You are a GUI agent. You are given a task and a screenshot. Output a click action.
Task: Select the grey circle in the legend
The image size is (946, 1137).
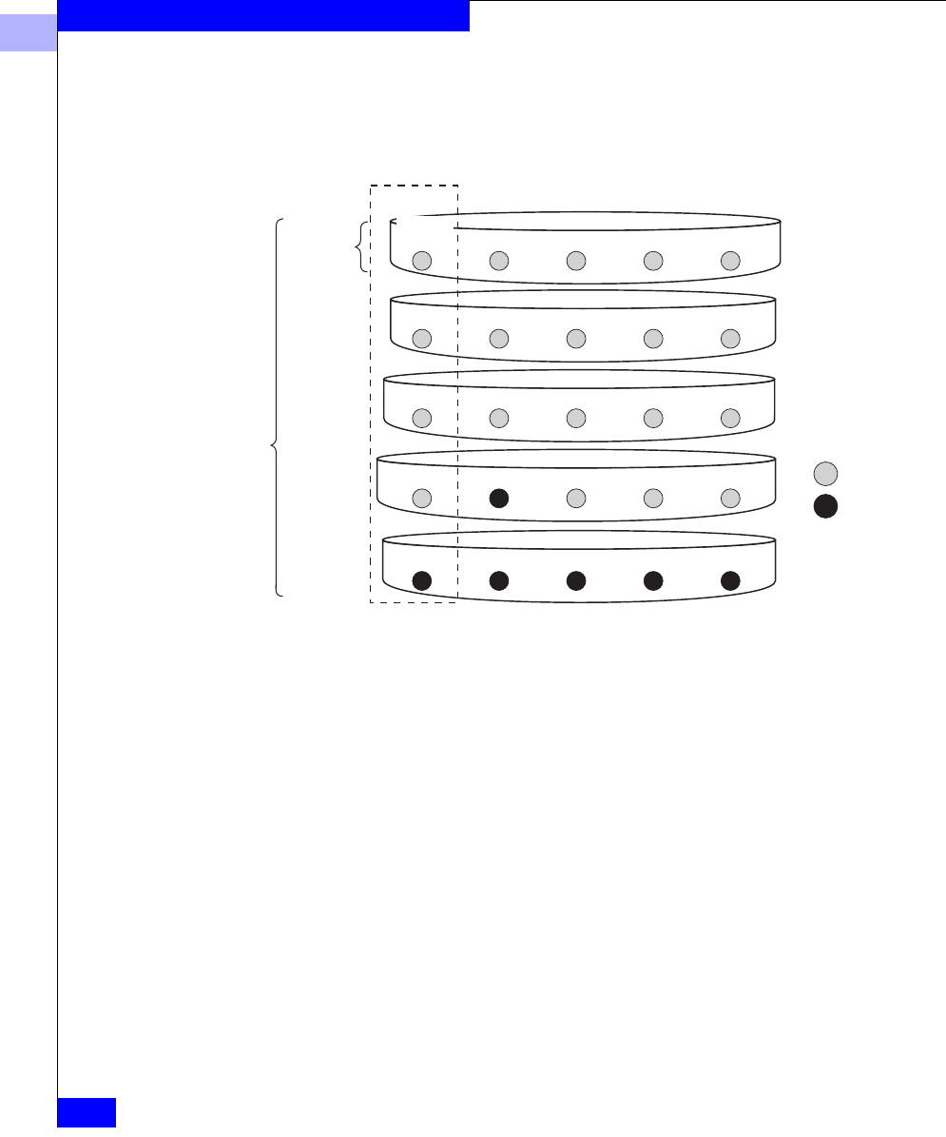tap(826, 473)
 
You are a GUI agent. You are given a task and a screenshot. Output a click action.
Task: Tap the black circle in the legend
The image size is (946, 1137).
tap(826, 506)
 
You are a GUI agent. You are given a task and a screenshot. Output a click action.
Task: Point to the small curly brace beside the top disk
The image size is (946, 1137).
tap(359, 247)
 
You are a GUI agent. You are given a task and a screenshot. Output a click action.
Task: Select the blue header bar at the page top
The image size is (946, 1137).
tap(263, 15)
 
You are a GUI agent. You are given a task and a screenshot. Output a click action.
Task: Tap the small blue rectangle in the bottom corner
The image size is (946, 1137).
tap(87, 1112)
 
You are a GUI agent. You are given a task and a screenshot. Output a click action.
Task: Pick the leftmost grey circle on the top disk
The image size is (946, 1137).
tap(423, 260)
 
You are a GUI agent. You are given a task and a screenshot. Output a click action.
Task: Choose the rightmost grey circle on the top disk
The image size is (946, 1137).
tap(730, 260)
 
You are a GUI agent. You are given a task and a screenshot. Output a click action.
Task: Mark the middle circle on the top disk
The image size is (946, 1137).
tap(575, 260)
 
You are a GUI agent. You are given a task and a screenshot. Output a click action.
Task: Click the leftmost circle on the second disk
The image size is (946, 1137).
tap(423, 338)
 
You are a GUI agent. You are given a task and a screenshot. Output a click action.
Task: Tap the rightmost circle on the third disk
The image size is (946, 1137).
tap(730, 417)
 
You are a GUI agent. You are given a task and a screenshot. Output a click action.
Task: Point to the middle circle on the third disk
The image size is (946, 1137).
tap(575, 417)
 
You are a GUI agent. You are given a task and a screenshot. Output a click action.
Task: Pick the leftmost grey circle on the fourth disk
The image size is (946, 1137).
tap(423, 497)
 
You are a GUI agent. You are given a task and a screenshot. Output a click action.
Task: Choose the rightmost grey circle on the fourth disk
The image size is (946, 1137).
tap(730, 497)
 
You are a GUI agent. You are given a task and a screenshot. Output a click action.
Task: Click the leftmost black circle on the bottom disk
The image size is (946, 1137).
tap(423, 579)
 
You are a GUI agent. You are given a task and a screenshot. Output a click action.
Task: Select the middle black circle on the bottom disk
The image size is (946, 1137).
tap(575, 579)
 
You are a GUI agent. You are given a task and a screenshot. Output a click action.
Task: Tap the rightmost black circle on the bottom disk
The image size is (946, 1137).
tap(730, 579)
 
